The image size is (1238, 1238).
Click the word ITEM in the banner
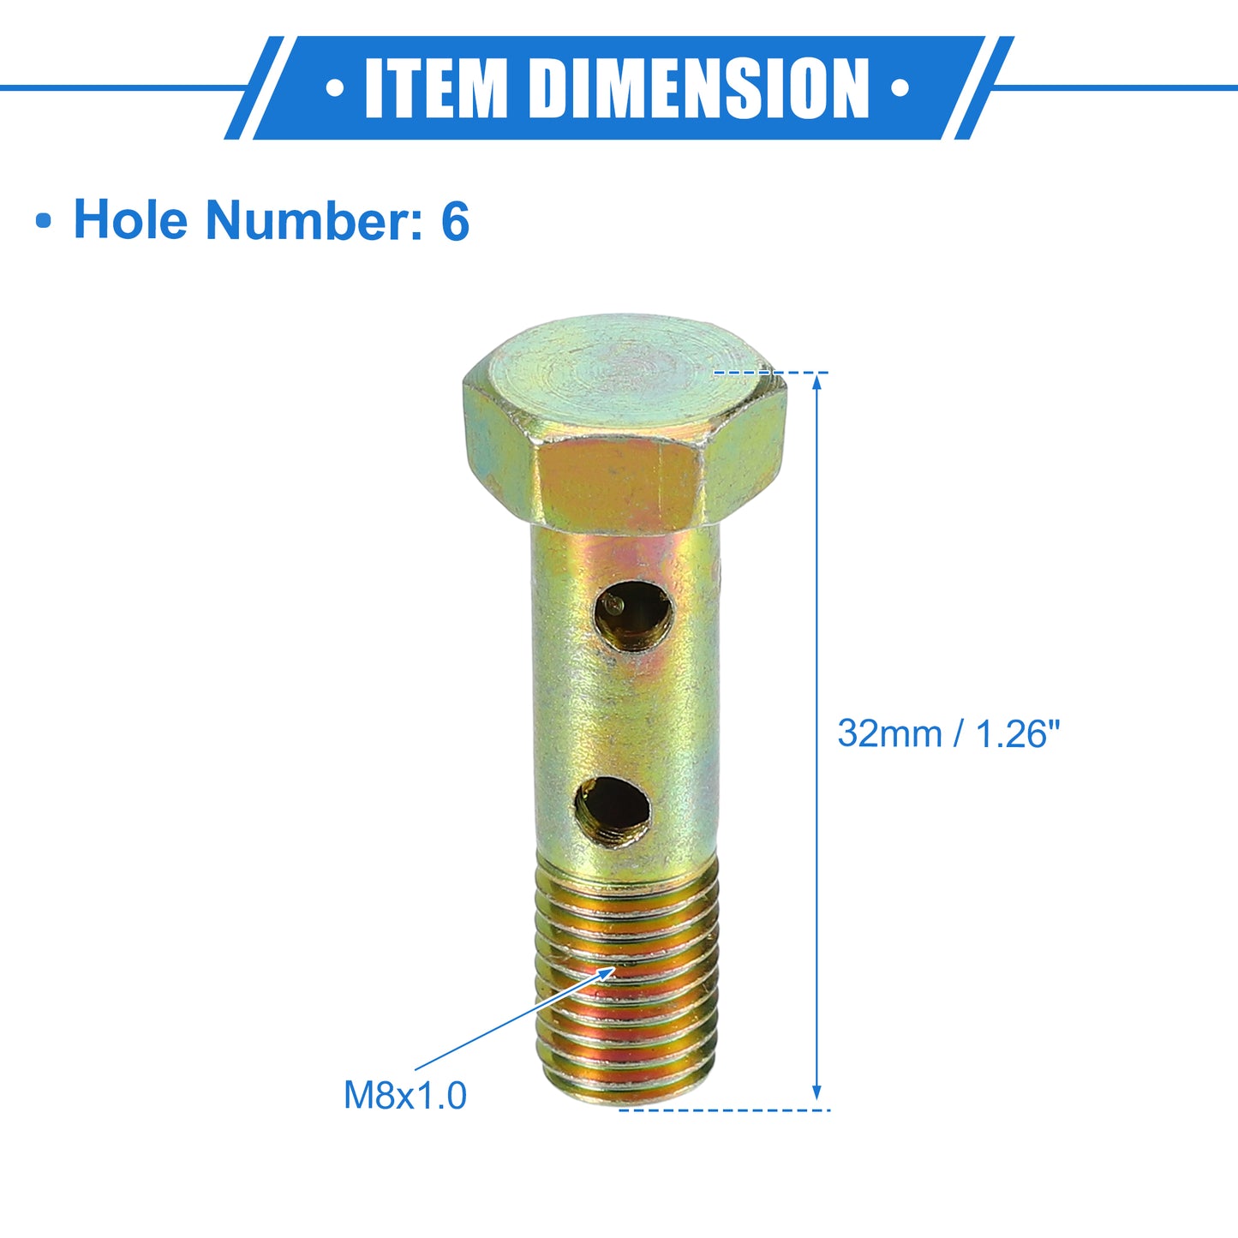point(435,88)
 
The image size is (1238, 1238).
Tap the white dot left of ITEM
point(335,88)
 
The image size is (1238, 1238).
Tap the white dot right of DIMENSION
point(900,88)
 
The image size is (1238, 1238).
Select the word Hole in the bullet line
point(131,219)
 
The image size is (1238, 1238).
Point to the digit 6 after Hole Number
point(455,220)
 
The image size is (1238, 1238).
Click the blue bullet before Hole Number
point(44,222)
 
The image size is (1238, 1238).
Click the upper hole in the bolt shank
point(633,617)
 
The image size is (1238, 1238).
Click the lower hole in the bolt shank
point(612,811)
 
